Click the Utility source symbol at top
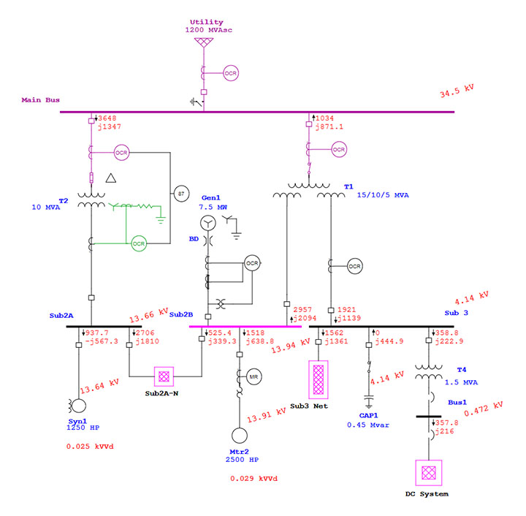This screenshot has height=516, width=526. pos(202,43)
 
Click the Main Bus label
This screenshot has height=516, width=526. pos(40,100)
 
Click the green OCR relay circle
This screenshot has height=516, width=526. pos(139,243)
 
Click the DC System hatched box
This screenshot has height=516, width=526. pos(427,472)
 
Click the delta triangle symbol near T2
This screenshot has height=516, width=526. pos(111,178)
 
